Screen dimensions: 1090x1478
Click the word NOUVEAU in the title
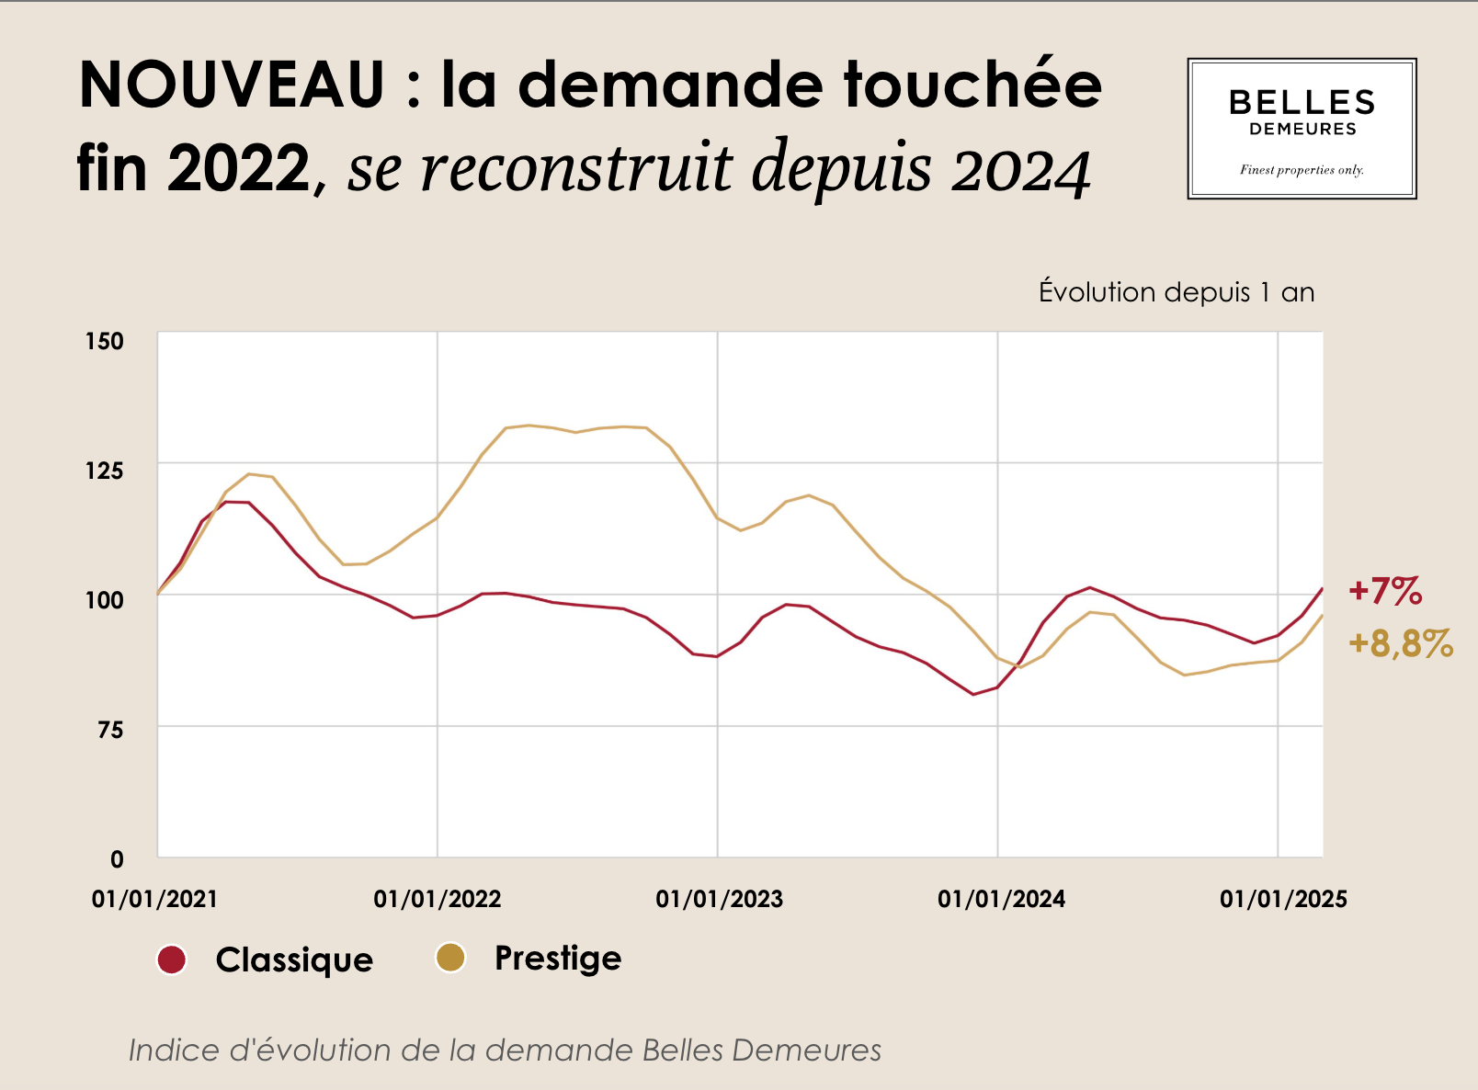[232, 85]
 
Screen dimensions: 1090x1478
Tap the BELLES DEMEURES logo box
[1302, 129]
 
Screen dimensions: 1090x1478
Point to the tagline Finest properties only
[1302, 170]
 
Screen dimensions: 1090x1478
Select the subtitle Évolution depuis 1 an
[1177, 292]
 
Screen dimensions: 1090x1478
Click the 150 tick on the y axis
[104, 341]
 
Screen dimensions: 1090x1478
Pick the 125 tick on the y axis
[104, 471]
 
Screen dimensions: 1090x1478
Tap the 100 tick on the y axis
[104, 600]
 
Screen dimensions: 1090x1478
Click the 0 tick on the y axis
[117, 859]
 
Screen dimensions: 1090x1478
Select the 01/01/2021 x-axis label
[155, 899]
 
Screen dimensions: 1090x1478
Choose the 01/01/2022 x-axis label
[438, 899]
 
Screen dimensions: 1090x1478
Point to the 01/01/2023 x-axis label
[720, 899]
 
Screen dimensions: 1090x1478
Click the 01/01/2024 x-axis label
[1001, 899]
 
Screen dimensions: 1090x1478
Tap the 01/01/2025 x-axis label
[1283, 899]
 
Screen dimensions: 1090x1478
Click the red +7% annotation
[1385, 591]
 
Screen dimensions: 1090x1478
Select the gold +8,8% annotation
[1401, 644]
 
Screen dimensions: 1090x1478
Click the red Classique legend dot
[172, 959]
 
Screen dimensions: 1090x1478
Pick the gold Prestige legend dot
[450, 958]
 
